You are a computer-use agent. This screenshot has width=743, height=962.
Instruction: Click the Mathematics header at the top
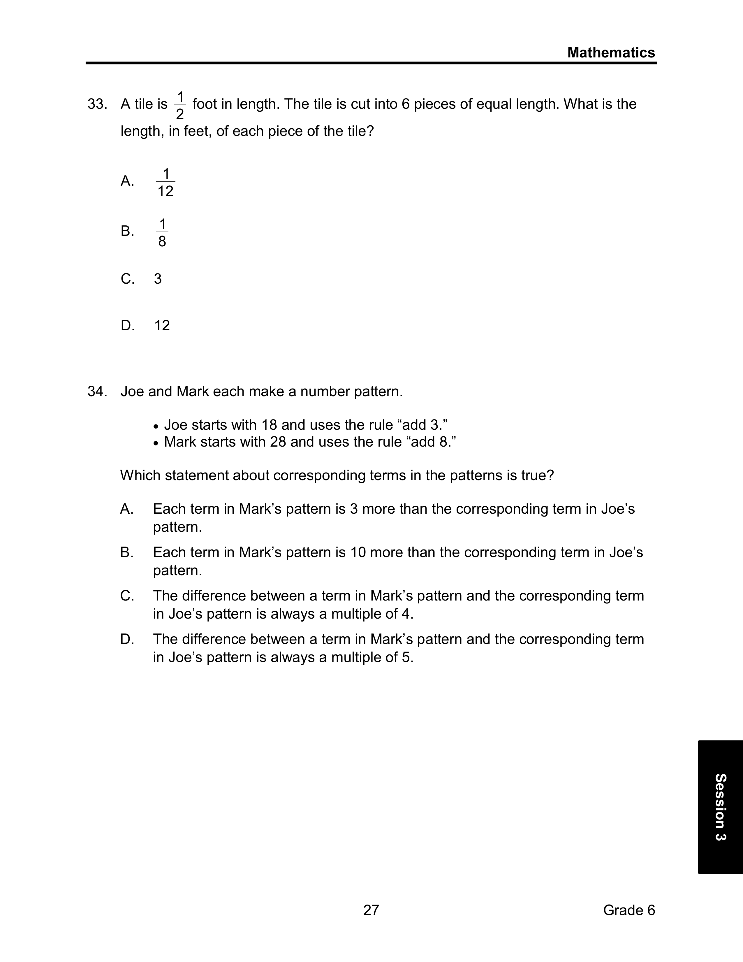click(x=611, y=53)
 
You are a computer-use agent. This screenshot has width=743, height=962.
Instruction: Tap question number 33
click(x=97, y=104)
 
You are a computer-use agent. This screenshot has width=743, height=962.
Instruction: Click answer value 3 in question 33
click(x=158, y=279)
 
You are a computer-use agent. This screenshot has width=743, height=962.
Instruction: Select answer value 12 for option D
click(x=162, y=326)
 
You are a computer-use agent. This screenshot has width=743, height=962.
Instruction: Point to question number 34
click(x=97, y=391)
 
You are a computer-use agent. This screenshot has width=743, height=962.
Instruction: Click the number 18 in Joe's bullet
click(x=270, y=425)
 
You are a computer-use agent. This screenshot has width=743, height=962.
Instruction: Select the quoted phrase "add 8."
click(x=430, y=442)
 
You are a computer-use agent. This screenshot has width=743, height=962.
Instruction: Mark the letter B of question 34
click(x=127, y=552)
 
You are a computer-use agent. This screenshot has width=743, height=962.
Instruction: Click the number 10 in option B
click(x=358, y=552)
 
